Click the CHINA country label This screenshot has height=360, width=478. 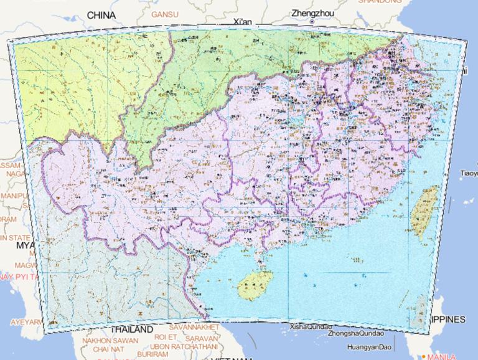tap(101, 14)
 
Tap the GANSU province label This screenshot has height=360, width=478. tap(164, 14)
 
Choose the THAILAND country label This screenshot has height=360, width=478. tap(132, 329)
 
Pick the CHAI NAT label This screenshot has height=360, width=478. tap(110, 349)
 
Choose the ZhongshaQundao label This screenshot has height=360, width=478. tap(353, 333)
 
